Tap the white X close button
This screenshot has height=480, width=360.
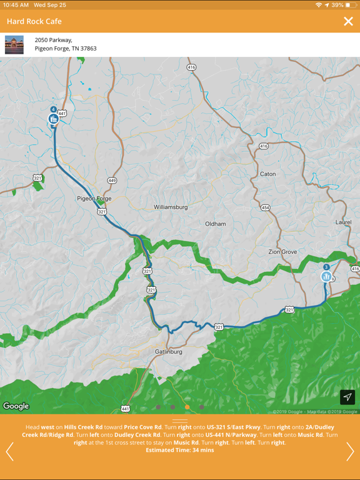point(348,22)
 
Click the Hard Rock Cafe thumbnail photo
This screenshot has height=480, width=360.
point(14,44)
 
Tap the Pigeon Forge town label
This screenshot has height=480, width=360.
point(94,199)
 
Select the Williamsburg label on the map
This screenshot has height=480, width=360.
point(171,207)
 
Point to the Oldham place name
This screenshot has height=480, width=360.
point(216,224)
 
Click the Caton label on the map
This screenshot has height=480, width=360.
point(267,174)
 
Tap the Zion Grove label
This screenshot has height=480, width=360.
point(282,252)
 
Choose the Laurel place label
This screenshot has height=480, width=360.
point(343,222)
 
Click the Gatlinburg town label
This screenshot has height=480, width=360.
point(168,352)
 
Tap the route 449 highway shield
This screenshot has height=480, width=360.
point(112,181)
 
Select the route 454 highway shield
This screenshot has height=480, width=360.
point(266,207)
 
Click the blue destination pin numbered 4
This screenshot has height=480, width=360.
point(54,117)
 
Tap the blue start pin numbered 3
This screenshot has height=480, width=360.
point(326,275)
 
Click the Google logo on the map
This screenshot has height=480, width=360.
point(16,406)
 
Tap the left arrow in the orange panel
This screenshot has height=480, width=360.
point(9,451)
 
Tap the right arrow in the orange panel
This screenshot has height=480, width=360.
point(350,451)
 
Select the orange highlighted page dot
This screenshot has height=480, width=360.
point(187,407)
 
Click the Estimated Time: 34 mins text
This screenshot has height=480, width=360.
point(180,450)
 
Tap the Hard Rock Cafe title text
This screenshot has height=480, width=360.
point(34,22)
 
